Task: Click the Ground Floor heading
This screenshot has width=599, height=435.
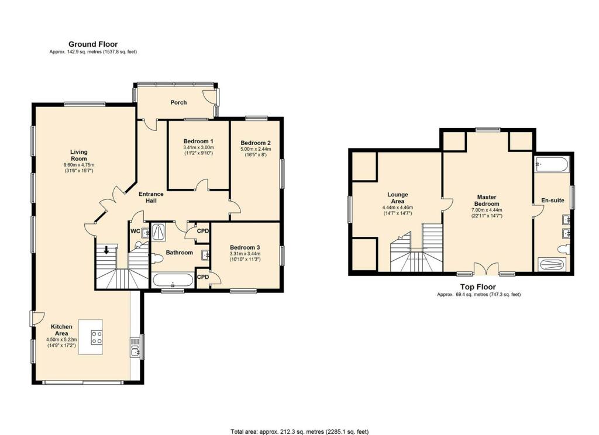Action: click(93, 44)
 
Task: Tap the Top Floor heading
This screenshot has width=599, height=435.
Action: click(478, 287)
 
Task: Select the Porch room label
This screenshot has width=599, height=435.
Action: click(178, 102)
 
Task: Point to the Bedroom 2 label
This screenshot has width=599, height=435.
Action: click(256, 143)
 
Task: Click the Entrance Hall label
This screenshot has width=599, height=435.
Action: click(151, 197)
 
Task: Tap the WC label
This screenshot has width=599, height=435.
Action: click(135, 231)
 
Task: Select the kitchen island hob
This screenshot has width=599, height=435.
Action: click(97, 337)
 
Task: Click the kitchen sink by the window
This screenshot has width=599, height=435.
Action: click(135, 347)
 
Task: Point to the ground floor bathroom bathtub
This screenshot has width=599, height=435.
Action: click(173, 281)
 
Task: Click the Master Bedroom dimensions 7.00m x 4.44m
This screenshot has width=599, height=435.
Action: click(487, 210)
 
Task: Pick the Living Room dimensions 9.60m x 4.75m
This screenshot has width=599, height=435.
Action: click(79, 165)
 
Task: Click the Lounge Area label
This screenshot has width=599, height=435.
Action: click(398, 198)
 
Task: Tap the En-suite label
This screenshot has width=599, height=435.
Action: click(553, 200)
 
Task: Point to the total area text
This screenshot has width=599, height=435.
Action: click(299, 431)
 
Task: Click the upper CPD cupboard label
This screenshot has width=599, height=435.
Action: click(203, 231)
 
